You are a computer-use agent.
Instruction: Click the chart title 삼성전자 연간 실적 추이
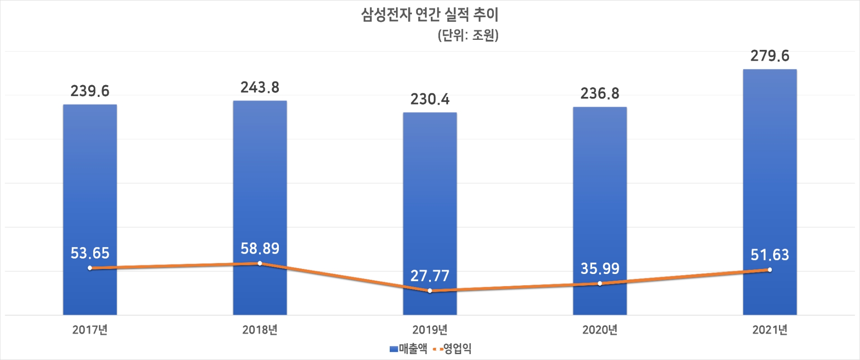[430, 15]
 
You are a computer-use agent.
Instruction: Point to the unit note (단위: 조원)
[468, 35]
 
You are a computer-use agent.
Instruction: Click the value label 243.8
[260, 87]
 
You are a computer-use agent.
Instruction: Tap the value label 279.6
[769, 56]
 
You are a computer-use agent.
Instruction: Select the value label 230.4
[430, 99]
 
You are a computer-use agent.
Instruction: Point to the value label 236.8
[600, 94]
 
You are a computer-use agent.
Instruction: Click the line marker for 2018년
[260, 263]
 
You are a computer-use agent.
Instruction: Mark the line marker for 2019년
[430, 291]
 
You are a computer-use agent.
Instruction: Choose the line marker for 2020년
[600, 283]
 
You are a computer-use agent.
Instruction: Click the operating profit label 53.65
[90, 253]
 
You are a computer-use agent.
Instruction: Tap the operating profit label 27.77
[430, 276]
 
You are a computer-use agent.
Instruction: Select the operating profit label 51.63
[769, 255]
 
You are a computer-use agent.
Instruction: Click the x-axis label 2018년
[260, 330]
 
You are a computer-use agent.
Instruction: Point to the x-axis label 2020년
[600, 330]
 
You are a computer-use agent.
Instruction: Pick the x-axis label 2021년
[769, 330]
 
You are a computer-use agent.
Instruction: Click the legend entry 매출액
[409, 349]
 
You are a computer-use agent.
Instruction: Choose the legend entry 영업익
[453, 349]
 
